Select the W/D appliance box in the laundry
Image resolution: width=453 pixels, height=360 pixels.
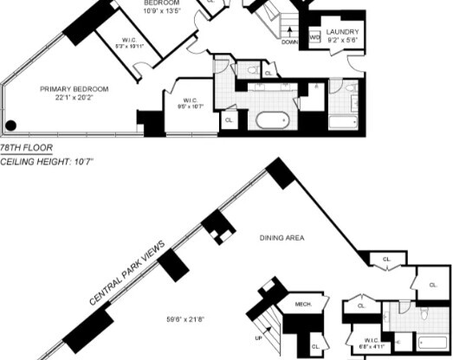pyautogui.click(x=314, y=38)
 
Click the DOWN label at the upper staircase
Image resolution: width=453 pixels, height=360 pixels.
pyautogui.click(x=289, y=42)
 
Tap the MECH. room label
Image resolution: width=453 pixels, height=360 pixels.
pyautogui.click(x=303, y=304)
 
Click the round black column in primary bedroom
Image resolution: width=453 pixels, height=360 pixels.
pyautogui.click(x=11, y=125)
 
